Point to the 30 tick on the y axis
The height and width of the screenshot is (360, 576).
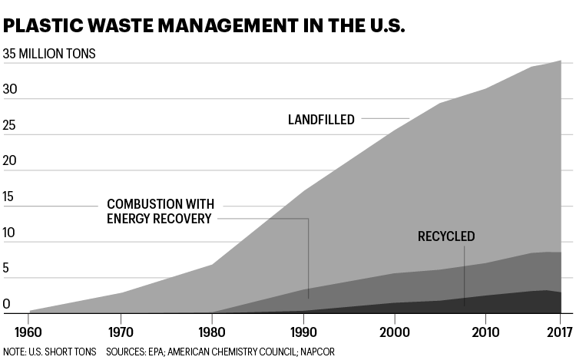10,90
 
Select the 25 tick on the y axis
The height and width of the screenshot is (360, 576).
10,125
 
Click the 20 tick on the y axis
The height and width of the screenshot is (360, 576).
10,161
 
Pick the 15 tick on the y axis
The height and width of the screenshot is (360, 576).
9,197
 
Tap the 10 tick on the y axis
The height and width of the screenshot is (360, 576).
9,233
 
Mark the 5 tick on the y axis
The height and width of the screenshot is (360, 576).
6,268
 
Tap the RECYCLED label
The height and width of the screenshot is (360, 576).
446,236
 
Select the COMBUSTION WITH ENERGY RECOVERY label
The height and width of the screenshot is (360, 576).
159,211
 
